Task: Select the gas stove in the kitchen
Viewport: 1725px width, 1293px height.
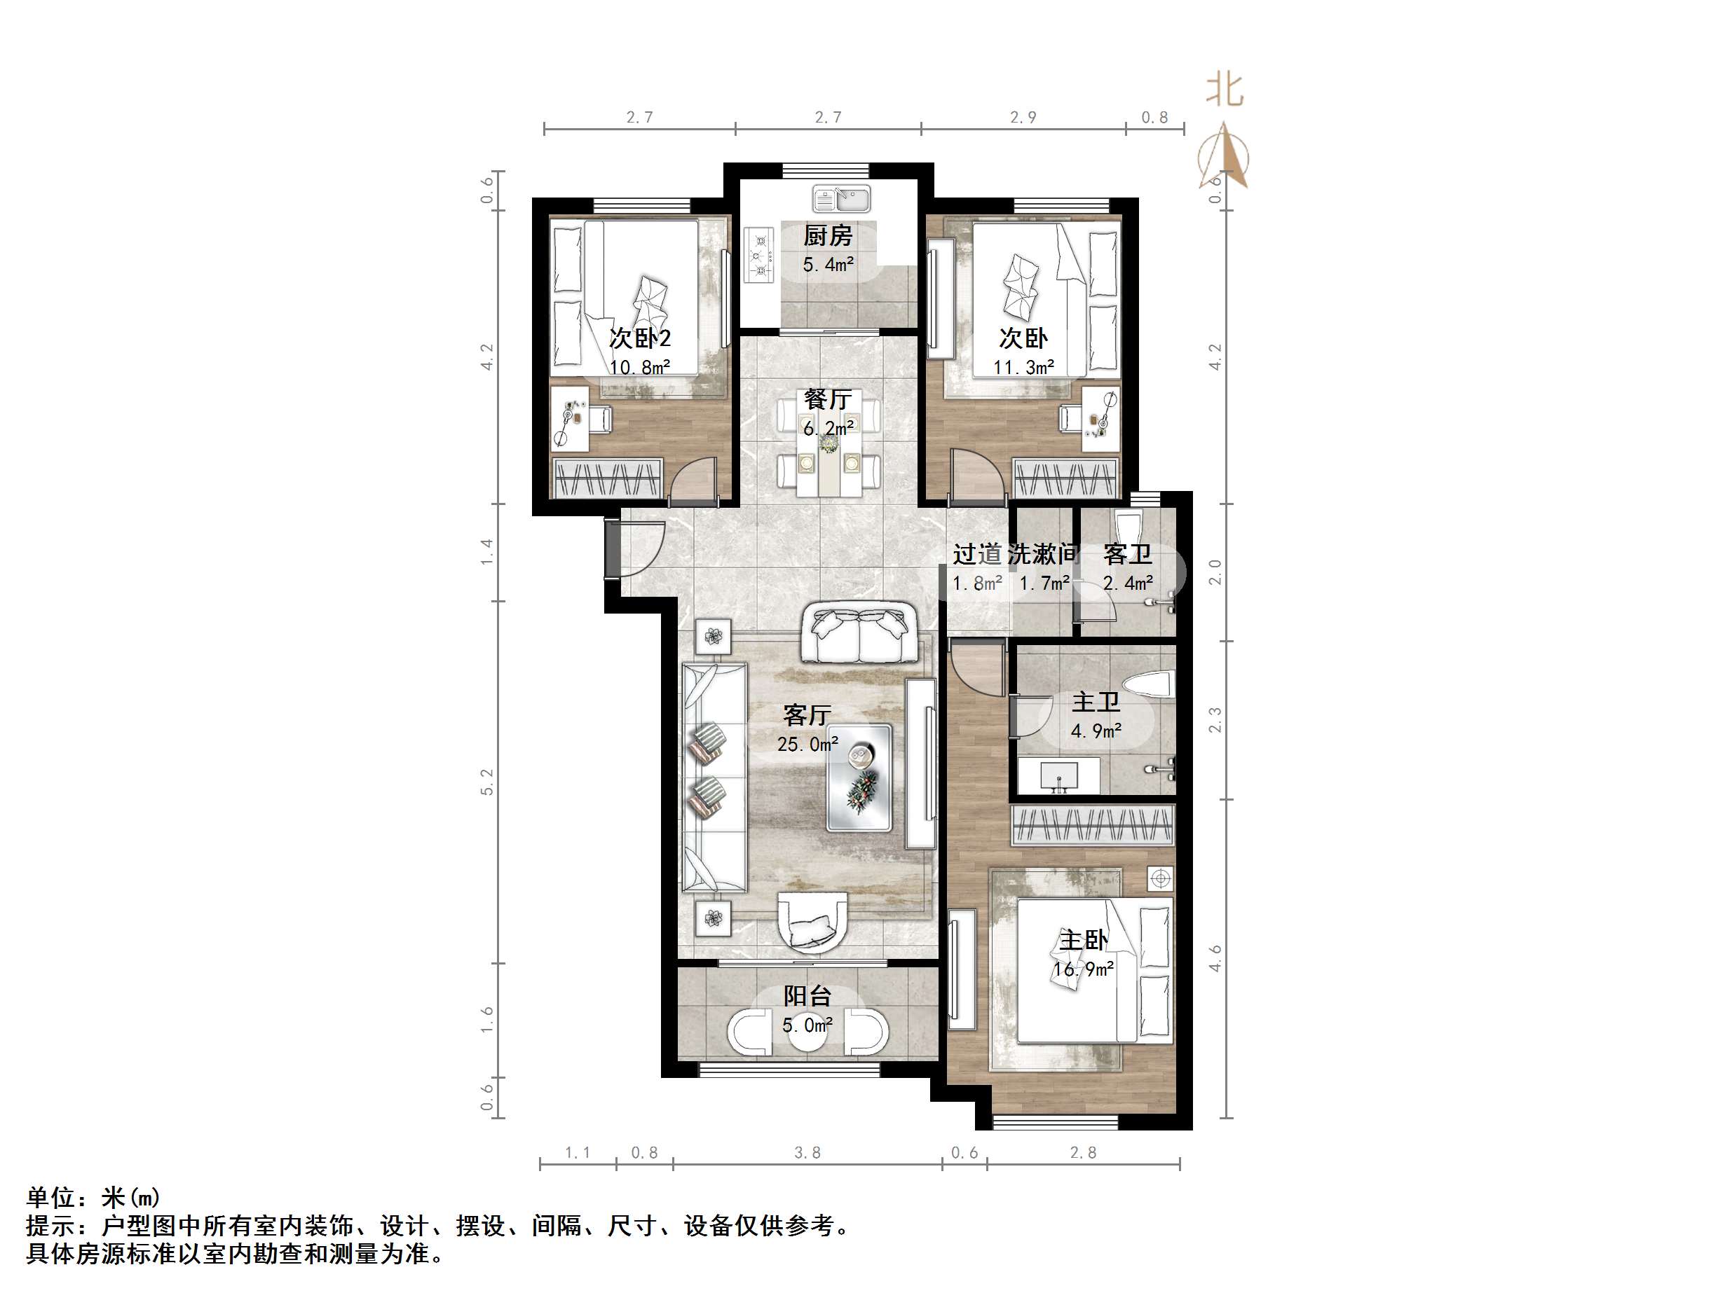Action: click(x=758, y=254)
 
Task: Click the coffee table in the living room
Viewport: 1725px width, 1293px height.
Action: click(x=859, y=777)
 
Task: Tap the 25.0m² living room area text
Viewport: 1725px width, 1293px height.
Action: click(x=807, y=745)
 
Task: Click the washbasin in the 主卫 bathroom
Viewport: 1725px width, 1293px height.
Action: click(x=1059, y=776)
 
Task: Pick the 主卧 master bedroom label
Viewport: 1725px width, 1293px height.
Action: click(x=1082, y=941)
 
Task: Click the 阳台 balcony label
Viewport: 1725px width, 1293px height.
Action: click(x=807, y=996)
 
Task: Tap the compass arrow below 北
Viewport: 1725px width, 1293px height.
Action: click(x=1224, y=157)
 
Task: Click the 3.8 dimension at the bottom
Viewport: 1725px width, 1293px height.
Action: click(x=807, y=1153)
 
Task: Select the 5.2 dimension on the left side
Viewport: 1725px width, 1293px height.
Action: click(x=487, y=782)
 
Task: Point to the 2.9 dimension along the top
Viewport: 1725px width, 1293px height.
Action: click(x=1023, y=118)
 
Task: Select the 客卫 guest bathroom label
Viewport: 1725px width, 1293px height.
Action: click(x=1128, y=554)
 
